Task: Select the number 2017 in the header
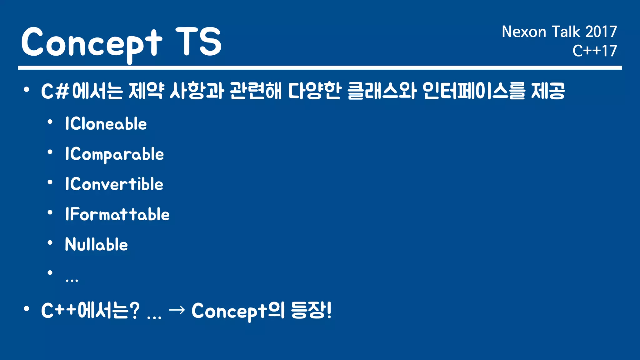601,32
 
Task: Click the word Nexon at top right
524,32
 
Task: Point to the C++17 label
594,51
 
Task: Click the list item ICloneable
106,124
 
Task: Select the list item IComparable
114,154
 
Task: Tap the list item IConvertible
114,184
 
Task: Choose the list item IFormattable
117,214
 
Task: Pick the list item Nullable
96,244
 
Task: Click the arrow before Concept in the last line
177,310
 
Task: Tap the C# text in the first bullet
55,92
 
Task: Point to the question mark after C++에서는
134,311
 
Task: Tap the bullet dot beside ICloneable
50,122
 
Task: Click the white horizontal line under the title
320,68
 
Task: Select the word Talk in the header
566,32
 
